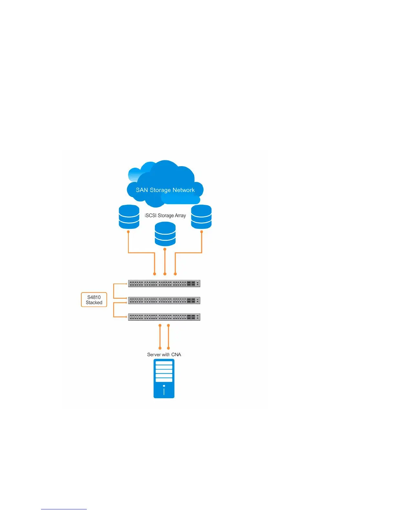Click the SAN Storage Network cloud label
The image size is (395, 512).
pyautogui.click(x=165, y=190)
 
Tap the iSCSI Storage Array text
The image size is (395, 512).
pyautogui.click(x=165, y=216)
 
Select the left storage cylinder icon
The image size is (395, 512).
pyautogui.click(x=129, y=217)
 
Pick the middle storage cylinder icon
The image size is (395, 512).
pyautogui.click(x=165, y=234)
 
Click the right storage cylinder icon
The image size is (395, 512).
pyautogui.click(x=201, y=217)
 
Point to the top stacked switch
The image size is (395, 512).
pyautogui.click(x=164, y=283)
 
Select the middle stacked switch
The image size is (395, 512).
pyautogui.click(x=164, y=300)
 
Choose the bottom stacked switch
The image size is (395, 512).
pyautogui.click(x=164, y=317)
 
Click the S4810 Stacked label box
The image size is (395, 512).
pyautogui.click(x=94, y=300)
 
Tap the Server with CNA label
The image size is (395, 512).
pyautogui.click(x=164, y=355)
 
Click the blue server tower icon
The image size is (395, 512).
pyautogui.click(x=164, y=379)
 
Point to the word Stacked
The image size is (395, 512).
pyautogui.click(x=94, y=303)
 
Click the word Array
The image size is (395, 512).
pyautogui.click(x=180, y=216)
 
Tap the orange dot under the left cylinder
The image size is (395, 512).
pyautogui.click(x=129, y=232)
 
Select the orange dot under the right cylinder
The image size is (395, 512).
pyautogui.click(x=202, y=232)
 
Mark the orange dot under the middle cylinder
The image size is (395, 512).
pyautogui.click(x=165, y=249)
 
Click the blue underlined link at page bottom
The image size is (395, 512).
pyautogui.click(x=64, y=509)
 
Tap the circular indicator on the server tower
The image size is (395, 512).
pyautogui.click(x=164, y=386)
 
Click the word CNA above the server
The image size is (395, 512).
pyautogui.click(x=176, y=355)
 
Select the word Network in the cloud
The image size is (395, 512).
pyautogui.click(x=183, y=190)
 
